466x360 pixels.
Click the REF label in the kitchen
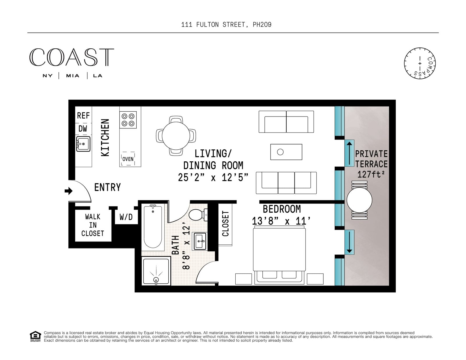click(83, 116)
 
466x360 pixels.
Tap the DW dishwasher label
click(83, 129)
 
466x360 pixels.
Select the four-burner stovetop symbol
click(128, 120)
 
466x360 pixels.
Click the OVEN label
click(128, 159)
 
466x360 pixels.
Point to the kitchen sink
click(83, 144)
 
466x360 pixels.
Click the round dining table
click(176, 136)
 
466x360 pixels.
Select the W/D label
click(126, 217)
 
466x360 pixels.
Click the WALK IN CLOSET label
click(93, 225)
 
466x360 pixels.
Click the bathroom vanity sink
click(200, 241)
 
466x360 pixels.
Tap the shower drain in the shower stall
click(156, 280)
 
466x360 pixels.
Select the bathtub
click(153, 227)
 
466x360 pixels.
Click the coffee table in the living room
click(286, 152)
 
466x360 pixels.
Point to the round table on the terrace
click(359, 200)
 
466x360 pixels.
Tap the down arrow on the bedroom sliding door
click(349, 242)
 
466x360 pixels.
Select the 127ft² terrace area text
click(370, 174)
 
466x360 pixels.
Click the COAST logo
click(72, 57)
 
